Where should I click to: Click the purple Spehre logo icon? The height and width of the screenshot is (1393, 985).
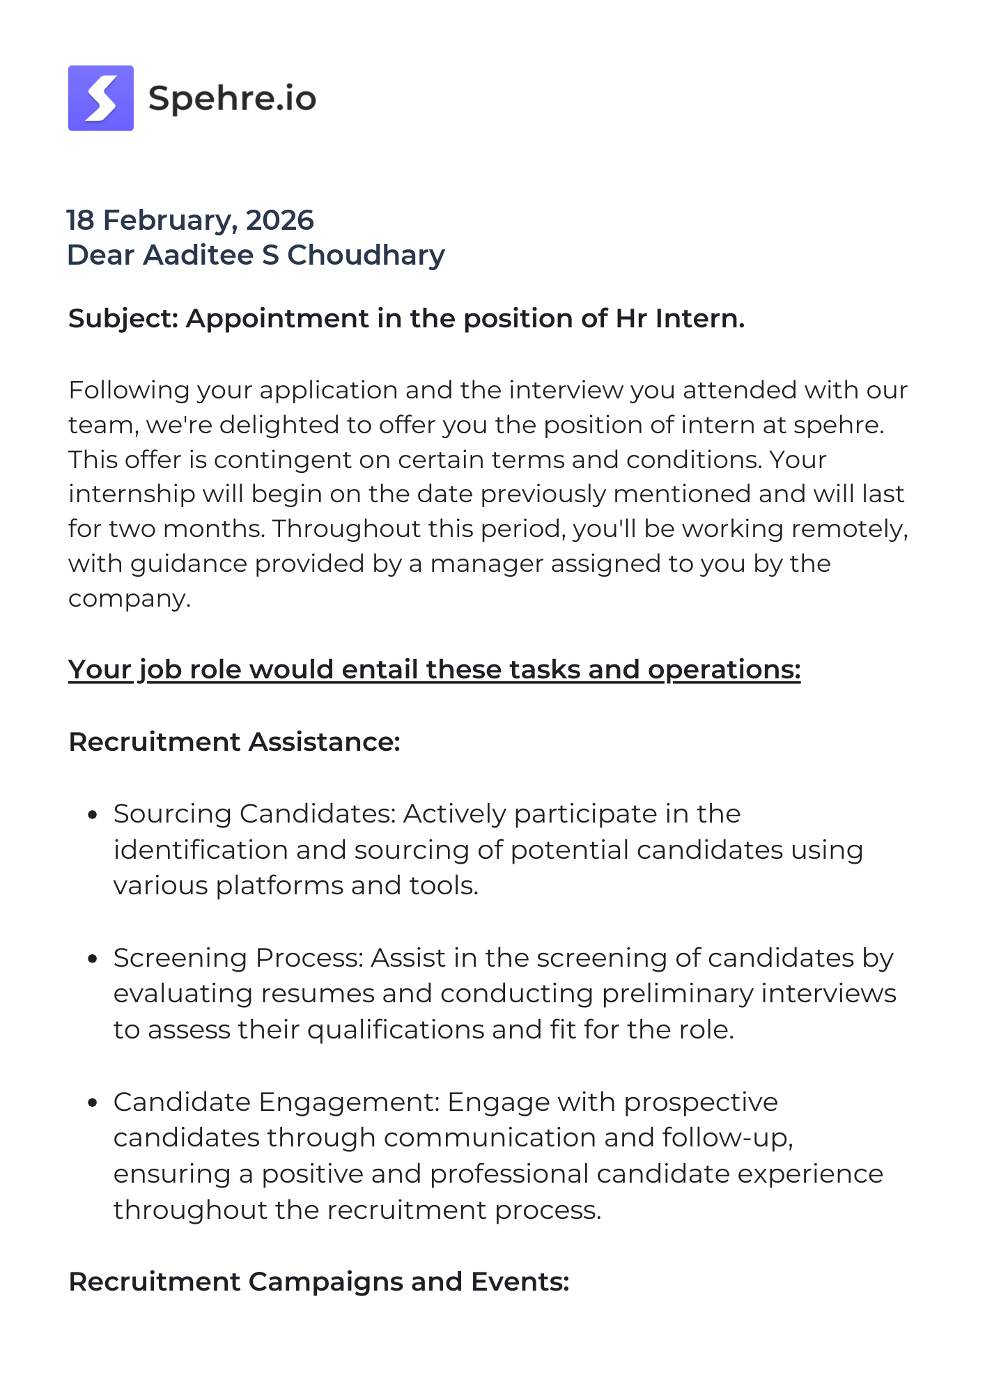click(x=101, y=98)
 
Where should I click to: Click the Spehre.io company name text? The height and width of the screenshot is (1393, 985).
click(x=232, y=98)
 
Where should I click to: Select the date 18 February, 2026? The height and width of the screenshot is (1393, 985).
click(x=190, y=220)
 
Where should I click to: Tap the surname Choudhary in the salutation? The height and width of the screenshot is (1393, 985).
click(x=366, y=255)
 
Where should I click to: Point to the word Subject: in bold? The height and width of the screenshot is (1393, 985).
click(x=124, y=318)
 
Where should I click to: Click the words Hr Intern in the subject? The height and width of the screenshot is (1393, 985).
click(x=679, y=318)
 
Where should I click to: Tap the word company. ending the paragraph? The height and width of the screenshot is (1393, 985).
click(x=130, y=598)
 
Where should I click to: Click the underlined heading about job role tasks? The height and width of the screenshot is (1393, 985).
click(x=434, y=669)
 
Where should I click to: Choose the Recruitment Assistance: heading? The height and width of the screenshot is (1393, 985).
click(x=234, y=742)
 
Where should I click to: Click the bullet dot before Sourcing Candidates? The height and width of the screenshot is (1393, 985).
click(x=92, y=815)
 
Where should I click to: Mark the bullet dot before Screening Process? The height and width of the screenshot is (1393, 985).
click(x=92, y=959)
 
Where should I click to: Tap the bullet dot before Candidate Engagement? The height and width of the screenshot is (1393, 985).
click(x=92, y=1103)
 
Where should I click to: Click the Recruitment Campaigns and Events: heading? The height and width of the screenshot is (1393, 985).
click(x=319, y=1282)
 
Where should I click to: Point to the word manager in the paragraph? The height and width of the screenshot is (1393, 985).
click(x=486, y=563)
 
